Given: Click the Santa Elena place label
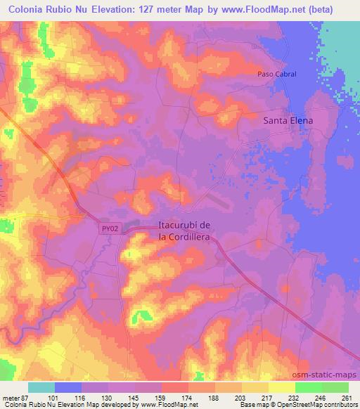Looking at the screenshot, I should (x=287, y=120).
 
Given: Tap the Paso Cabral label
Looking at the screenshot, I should (x=276, y=74).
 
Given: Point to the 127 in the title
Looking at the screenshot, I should (x=136, y=10).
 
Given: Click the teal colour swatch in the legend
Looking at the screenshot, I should (x=41, y=387).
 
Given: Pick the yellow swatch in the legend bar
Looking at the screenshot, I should (x=281, y=387).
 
